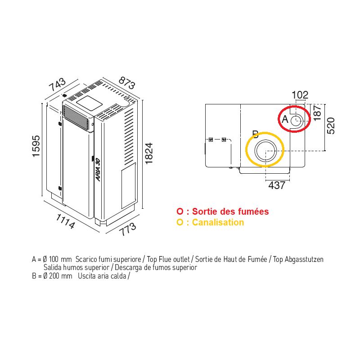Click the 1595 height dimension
pos(36,146)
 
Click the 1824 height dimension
pos(149,153)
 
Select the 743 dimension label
pos(58,84)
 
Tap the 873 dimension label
pos(127,83)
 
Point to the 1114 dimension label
pos(65,221)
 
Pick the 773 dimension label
pos(128,229)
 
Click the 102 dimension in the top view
pos(300,95)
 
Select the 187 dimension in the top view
pos(317,113)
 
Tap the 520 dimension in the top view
pos(331,126)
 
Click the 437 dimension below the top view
pos(277,185)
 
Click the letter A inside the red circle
pos(285,119)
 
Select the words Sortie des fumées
pos(230,211)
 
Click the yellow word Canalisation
pos(218,222)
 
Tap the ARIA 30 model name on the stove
pos(98,170)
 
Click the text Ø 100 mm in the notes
pos(58,260)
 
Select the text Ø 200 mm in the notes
pos(58,276)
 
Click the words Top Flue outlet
pos(168,260)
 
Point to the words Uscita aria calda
pos(102,276)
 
